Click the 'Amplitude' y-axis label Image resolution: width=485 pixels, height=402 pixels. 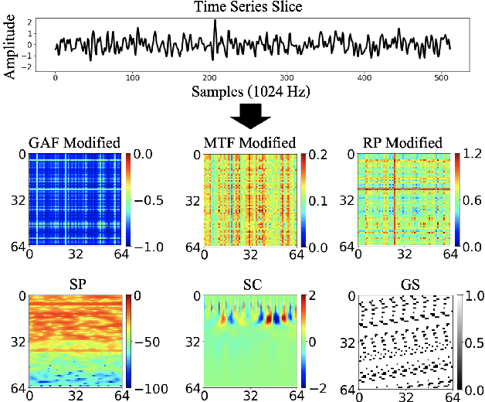coord(10,46)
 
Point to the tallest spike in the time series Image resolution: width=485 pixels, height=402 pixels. coord(215,23)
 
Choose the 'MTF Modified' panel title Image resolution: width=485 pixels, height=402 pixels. coord(249,143)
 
